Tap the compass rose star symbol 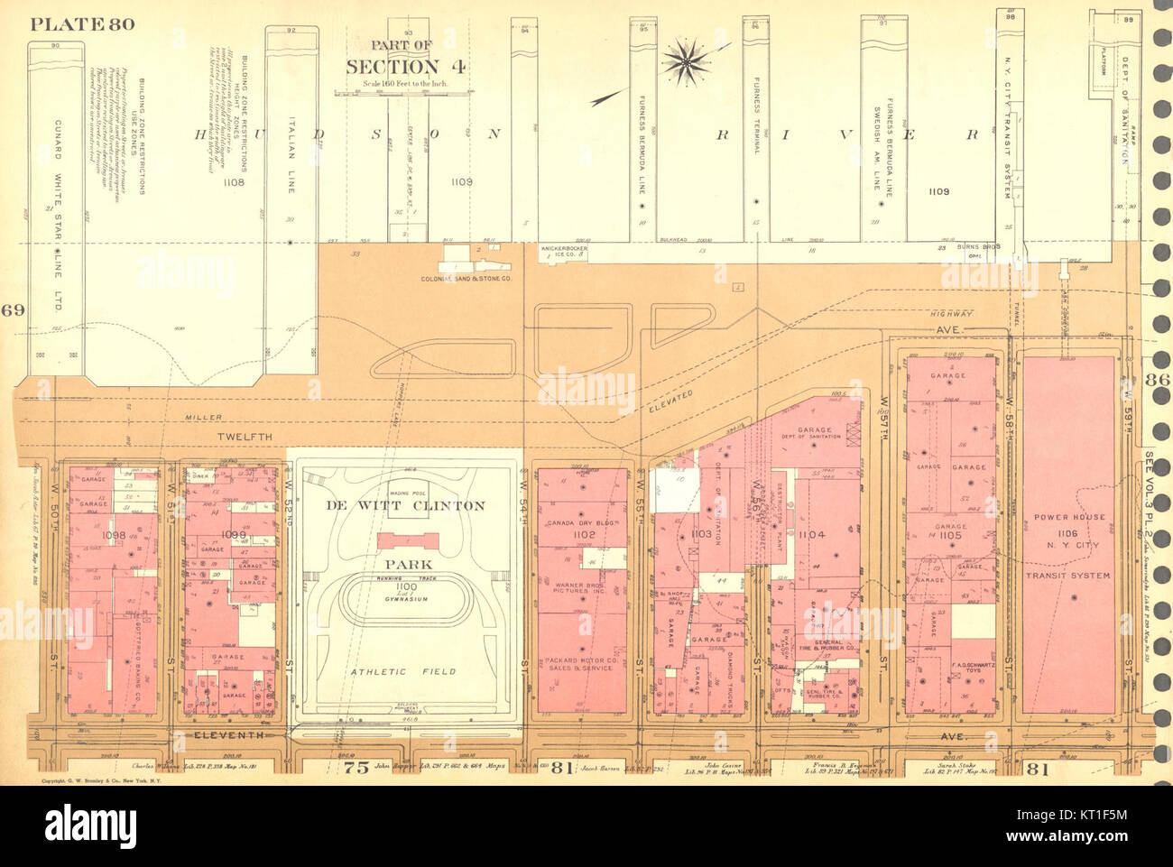coord(685,60)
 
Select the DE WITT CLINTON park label coord(406,505)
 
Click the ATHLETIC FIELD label coord(403,671)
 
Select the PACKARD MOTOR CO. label coord(581,664)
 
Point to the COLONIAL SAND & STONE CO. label coord(466,280)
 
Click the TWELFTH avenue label coord(244,437)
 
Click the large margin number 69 coord(13,311)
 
